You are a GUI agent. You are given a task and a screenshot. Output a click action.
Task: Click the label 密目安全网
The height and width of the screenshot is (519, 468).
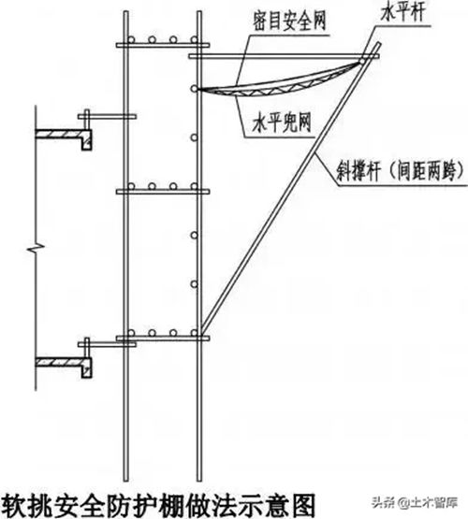(289, 22)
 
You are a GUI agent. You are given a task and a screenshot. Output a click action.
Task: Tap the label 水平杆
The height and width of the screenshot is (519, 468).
(402, 13)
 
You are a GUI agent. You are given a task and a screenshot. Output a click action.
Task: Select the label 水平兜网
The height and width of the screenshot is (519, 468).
(282, 123)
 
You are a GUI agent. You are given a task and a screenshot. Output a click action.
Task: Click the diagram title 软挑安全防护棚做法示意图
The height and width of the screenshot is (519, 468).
(157, 505)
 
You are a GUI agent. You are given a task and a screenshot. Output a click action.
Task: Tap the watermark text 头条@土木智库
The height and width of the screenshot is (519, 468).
(415, 502)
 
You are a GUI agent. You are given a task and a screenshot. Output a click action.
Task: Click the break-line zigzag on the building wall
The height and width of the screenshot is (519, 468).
(36, 247)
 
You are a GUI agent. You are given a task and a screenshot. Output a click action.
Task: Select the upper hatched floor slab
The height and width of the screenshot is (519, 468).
(64, 138)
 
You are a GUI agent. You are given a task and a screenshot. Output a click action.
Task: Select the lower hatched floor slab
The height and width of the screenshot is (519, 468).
(64, 367)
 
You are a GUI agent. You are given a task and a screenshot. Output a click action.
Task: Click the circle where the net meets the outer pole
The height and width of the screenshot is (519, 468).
(195, 89)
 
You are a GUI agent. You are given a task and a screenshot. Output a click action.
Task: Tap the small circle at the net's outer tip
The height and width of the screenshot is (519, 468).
(363, 62)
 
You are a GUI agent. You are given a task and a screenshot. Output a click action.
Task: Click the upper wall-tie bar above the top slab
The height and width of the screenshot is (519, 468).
(107, 117)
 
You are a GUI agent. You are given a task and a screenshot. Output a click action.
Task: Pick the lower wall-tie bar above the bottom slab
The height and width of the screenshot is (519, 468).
(107, 344)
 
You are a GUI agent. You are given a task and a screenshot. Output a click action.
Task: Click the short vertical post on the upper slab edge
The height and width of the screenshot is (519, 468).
(87, 120)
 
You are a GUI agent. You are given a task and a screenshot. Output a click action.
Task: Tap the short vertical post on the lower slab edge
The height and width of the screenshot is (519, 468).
(87, 348)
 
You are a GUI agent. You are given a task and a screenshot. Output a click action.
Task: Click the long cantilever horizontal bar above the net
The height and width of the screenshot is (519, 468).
(284, 57)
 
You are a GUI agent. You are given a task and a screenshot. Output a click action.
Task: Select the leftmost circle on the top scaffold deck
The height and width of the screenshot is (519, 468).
(131, 39)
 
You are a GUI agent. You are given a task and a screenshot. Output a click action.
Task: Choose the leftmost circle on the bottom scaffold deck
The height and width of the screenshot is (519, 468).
(131, 333)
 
